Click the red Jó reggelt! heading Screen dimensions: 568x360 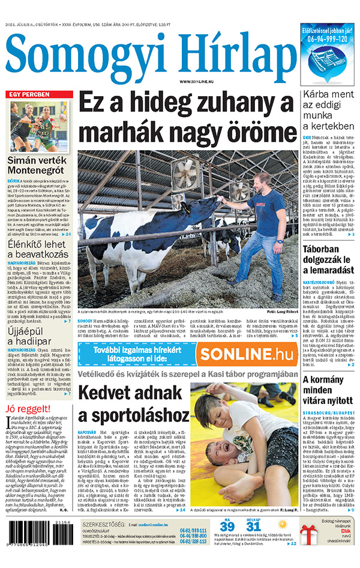(x=29, y=410)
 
